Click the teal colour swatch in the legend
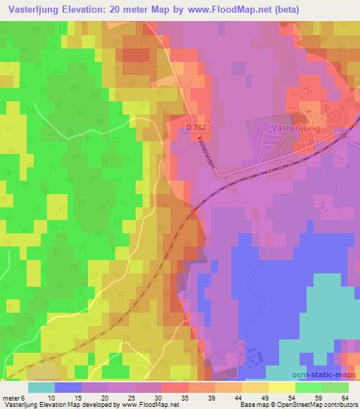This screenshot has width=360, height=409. point(41,387)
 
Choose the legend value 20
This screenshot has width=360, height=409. point(105,398)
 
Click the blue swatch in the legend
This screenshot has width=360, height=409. point(68,387)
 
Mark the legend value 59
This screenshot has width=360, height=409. point(309,398)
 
